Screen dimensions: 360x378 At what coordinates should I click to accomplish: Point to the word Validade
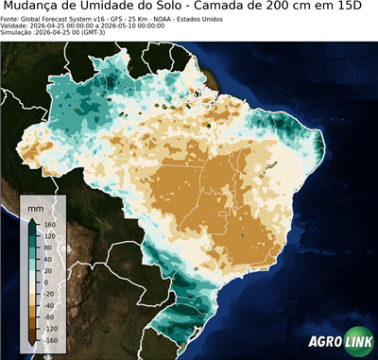(x=16, y=26)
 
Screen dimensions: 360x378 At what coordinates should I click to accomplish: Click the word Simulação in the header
(x=18, y=33)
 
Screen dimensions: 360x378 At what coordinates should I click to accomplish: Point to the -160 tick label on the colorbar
(x=50, y=338)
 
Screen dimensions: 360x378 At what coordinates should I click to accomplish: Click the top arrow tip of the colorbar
(x=31, y=220)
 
